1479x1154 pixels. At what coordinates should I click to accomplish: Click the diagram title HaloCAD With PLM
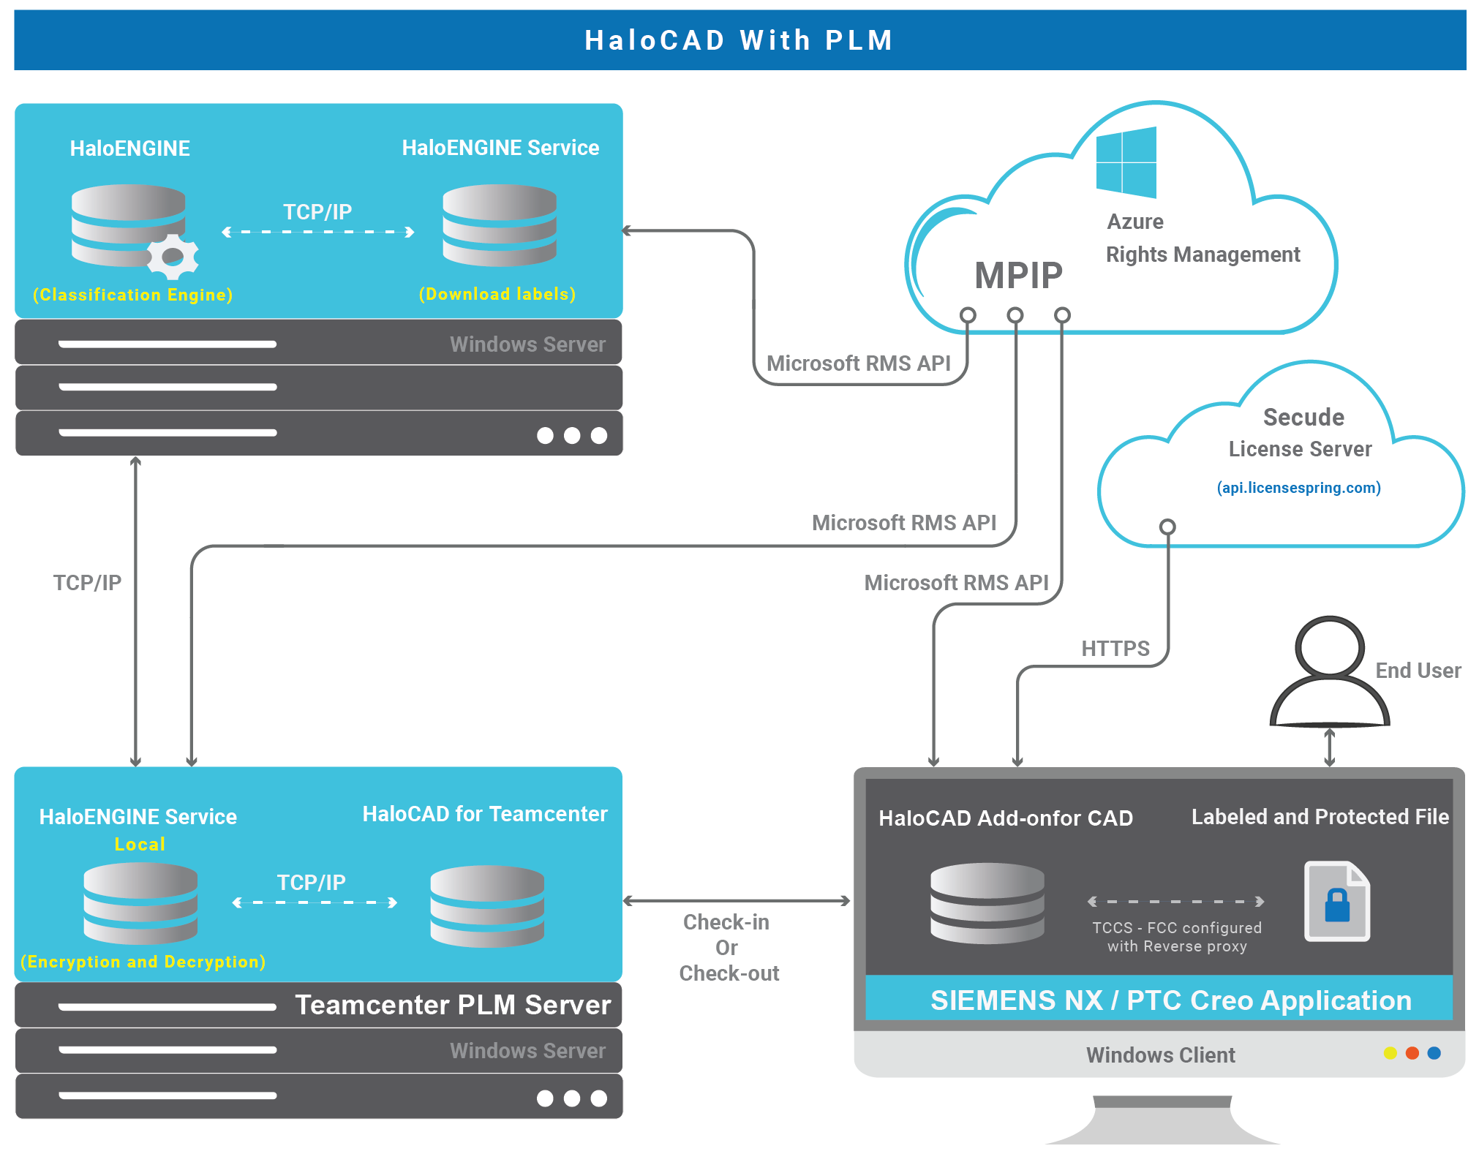tap(739, 40)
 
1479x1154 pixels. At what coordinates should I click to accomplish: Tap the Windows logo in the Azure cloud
tap(1126, 162)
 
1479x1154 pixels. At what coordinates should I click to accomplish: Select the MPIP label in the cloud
tap(1018, 276)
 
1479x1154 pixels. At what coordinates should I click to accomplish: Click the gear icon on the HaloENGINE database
tap(173, 257)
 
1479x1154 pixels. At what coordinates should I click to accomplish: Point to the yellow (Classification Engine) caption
tap(132, 295)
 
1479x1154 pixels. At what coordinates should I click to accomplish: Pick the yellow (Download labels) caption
tap(497, 294)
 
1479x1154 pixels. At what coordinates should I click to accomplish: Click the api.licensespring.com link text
tap(1299, 488)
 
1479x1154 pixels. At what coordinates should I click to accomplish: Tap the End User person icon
tap(1329, 673)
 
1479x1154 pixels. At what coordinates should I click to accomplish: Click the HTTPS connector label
tap(1115, 649)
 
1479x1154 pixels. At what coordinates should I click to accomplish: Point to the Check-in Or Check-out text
tap(729, 948)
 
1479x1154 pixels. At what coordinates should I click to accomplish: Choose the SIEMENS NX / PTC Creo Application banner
tap(1170, 1000)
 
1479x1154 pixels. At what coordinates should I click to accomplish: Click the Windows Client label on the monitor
tap(1160, 1055)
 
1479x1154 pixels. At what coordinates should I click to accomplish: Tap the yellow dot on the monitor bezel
tap(1390, 1053)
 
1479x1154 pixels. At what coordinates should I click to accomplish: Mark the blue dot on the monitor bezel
tap(1434, 1053)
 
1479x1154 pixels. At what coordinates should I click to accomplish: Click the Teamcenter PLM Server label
tap(453, 1005)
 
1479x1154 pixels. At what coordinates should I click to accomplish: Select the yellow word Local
tap(140, 845)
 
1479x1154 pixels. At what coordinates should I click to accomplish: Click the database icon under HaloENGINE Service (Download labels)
tap(500, 225)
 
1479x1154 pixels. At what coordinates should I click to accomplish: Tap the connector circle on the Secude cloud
tap(1168, 527)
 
